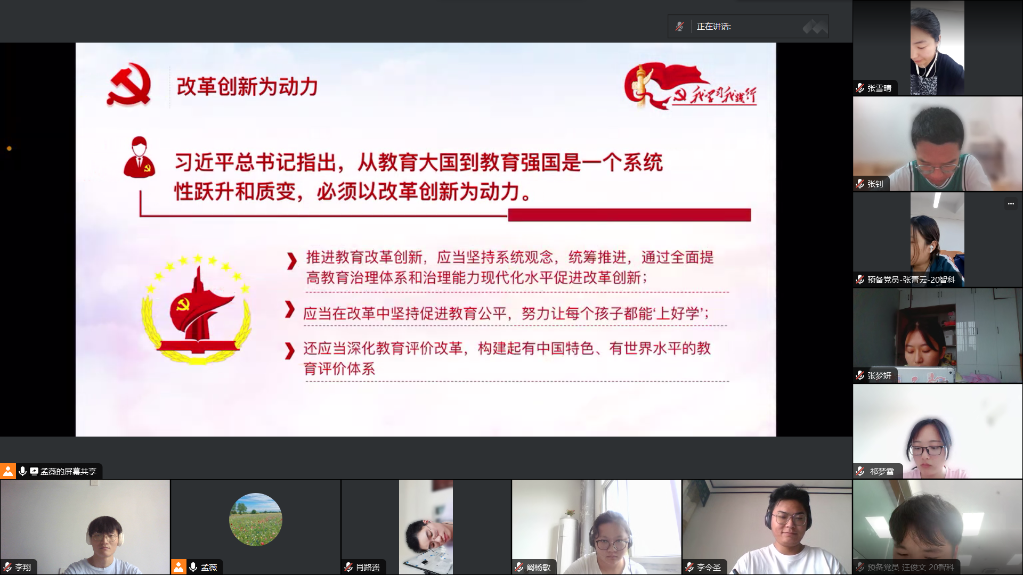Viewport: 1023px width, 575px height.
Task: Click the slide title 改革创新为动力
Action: [247, 87]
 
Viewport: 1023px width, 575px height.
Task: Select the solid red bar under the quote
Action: [629, 215]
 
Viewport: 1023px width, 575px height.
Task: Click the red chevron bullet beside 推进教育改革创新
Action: [291, 261]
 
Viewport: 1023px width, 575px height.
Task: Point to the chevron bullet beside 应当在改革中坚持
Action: [290, 309]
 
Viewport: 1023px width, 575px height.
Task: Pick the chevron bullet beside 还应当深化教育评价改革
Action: [289, 351]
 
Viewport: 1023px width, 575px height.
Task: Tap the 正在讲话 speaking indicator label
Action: [713, 27]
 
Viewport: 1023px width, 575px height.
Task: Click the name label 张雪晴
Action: [879, 88]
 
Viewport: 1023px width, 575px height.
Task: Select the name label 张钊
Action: [875, 184]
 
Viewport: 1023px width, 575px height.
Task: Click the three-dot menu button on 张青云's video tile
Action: [1011, 204]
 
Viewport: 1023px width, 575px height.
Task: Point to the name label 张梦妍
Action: [879, 376]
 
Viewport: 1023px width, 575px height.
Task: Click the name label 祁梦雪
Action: [882, 472]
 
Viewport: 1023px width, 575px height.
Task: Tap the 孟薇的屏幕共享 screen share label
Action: [68, 472]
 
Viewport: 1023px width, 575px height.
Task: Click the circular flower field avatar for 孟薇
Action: [256, 520]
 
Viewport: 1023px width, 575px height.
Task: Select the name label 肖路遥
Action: [368, 568]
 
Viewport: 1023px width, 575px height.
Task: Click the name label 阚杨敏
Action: [538, 568]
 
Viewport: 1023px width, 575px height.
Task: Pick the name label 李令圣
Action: [709, 568]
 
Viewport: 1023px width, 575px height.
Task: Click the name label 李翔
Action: [23, 568]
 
